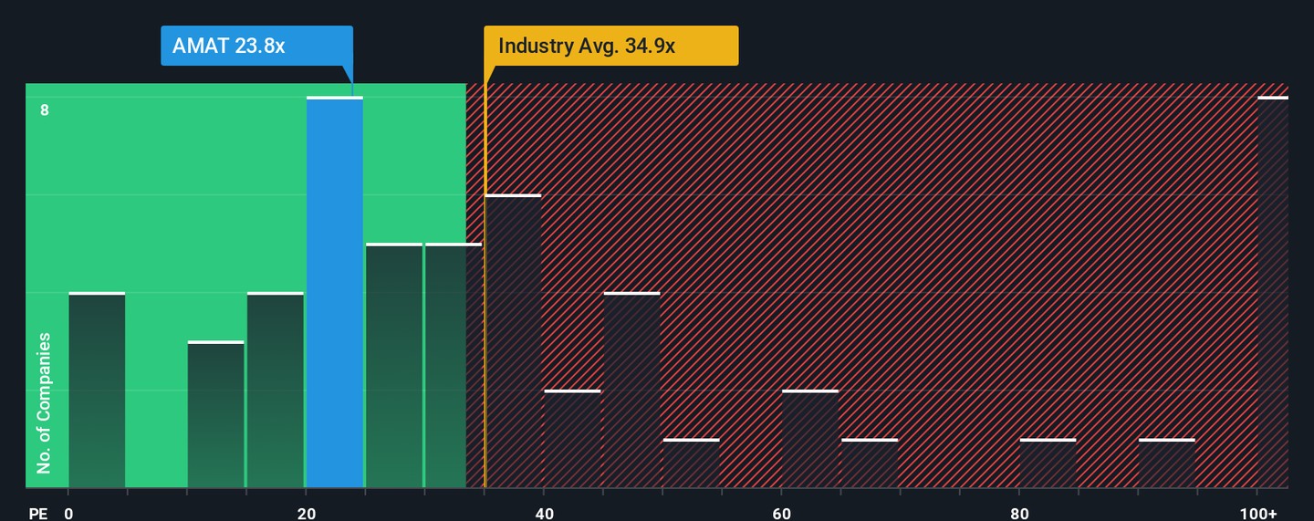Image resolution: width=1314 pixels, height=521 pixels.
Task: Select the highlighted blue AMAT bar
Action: click(x=335, y=292)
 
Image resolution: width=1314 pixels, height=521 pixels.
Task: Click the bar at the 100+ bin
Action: click(x=1273, y=292)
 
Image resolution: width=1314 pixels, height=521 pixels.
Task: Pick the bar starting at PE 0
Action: click(x=97, y=391)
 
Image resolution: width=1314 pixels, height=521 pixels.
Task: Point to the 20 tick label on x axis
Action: click(x=307, y=514)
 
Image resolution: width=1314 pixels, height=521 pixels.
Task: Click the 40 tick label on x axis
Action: click(x=544, y=514)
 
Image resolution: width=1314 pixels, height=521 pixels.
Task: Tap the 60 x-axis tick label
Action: click(x=782, y=514)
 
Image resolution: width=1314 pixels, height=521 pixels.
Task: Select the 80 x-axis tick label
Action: click(x=1019, y=514)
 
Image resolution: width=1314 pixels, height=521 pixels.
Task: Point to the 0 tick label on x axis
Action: click(x=68, y=514)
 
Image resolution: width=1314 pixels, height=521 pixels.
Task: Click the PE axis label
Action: click(x=37, y=514)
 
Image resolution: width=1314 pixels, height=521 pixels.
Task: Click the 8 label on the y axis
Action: click(x=44, y=110)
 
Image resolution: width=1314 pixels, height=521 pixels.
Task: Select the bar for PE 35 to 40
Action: click(x=513, y=341)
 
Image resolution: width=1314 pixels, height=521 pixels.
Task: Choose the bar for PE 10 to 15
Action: click(x=216, y=415)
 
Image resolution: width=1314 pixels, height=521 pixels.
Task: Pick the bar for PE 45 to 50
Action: click(x=631, y=391)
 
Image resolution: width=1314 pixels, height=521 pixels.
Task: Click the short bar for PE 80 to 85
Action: click(x=1048, y=464)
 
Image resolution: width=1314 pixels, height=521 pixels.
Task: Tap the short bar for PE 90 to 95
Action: click(x=1166, y=464)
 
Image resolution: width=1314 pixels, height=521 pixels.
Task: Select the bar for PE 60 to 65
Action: click(x=810, y=439)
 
